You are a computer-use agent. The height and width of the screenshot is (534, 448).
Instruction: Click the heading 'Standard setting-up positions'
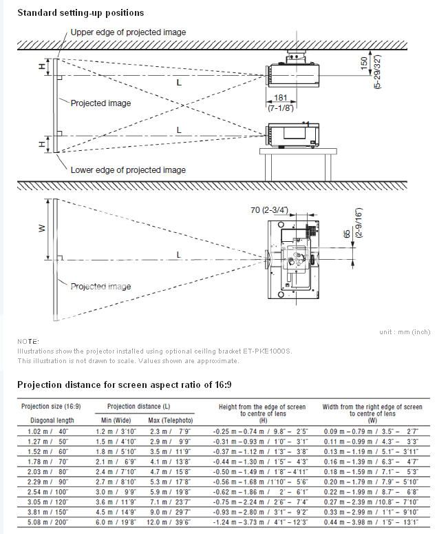[x=81, y=12]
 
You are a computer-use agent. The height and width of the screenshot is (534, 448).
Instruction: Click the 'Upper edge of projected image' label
[x=128, y=32]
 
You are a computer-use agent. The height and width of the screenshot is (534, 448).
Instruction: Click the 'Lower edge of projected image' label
[x=128, y=170]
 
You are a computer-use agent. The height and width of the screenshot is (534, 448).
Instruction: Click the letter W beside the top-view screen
[x=41, y=229]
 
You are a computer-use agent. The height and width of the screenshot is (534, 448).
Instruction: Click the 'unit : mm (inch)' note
[x=404, y=332]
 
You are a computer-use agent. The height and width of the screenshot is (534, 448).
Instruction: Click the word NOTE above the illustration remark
[x=28, y=342]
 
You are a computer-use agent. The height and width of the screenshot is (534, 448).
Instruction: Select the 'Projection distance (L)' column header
[x=140, y=407]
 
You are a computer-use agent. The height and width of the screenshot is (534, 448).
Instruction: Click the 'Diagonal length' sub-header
[x=51, y=420]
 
